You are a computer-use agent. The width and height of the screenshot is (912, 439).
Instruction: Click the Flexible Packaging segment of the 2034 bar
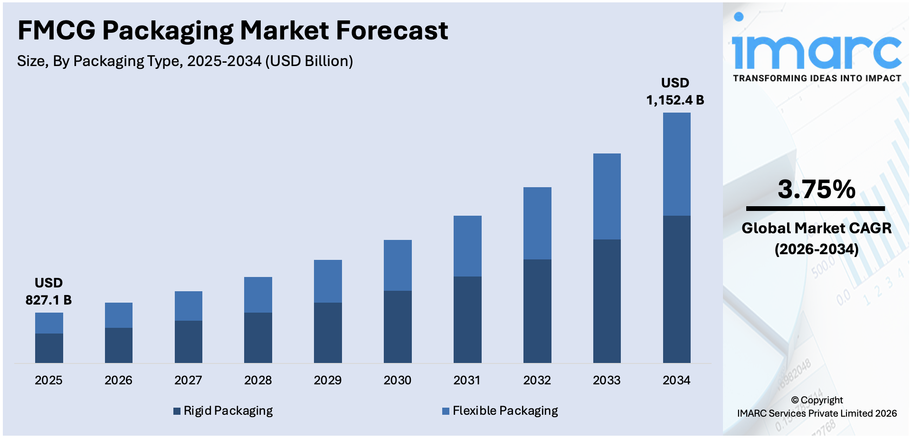676,164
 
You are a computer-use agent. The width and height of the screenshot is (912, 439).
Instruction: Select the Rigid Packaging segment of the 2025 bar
49,348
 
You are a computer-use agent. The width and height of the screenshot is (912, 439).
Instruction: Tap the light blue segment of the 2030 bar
398,265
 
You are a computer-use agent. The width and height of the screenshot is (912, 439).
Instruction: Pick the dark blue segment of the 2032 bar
537,311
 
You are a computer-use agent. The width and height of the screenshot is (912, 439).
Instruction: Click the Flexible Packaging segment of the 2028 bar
258,295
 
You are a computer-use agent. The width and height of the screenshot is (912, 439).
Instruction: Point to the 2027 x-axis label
188,380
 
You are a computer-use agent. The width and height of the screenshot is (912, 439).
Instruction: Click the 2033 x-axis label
607,380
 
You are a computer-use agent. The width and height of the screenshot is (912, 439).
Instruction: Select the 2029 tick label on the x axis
328,380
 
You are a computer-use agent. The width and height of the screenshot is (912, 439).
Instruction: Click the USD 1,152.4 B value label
675,92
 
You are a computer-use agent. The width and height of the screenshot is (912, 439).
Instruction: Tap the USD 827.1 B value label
48,291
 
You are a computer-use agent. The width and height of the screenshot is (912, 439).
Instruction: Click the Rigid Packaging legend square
177,411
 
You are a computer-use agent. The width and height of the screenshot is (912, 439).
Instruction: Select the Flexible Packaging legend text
505,410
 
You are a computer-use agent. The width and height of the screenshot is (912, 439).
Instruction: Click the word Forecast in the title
392,30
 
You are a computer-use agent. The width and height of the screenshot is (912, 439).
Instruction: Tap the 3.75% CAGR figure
816,189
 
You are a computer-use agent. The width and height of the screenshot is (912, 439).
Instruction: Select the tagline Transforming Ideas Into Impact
817,78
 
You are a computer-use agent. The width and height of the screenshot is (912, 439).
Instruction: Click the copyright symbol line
817,400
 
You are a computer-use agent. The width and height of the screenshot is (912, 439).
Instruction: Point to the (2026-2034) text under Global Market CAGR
816,249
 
